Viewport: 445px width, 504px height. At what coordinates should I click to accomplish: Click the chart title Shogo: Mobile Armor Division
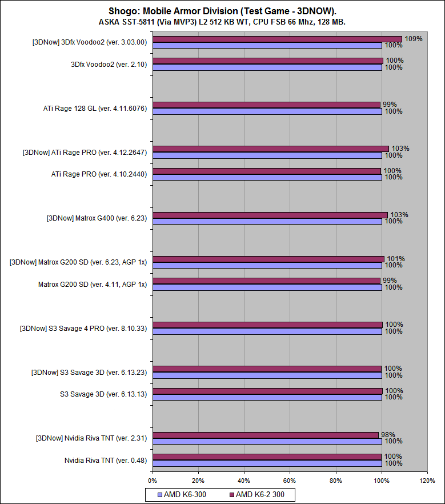pos(222,11)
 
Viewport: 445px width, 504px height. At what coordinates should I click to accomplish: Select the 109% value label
pos(414,39)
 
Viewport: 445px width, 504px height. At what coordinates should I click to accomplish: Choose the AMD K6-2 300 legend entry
pos(260,494)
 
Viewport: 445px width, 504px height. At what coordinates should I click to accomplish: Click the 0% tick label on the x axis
pos(153,481)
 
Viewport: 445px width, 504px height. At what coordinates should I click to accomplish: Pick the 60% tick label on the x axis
pos(290,481)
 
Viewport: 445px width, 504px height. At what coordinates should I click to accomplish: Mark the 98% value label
pos(388,435)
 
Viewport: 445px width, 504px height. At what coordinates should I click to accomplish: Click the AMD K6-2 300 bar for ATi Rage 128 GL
pos(266,105)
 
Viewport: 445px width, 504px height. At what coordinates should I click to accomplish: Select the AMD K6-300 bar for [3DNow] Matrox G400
pos(267,221)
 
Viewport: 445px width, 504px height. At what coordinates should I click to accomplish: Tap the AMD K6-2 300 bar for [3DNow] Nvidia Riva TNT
pos(265,435)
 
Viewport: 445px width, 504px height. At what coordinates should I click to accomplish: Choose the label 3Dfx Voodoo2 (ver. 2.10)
pos(109,65)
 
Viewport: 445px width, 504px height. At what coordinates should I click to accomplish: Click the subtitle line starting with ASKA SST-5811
pos(222,22)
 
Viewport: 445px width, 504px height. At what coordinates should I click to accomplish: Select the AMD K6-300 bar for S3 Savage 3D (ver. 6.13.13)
pos(267,397)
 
